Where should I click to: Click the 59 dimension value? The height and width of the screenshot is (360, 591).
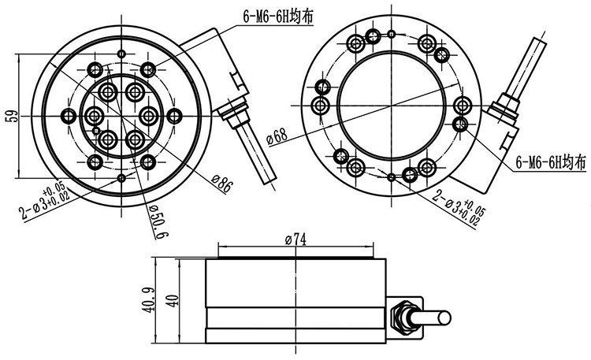point(11,117)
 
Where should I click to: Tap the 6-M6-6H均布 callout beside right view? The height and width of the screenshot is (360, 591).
point(550,163)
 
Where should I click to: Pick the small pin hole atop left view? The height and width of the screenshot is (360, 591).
point(121,54)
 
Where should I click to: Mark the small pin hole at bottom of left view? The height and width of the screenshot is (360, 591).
point(121,180)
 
